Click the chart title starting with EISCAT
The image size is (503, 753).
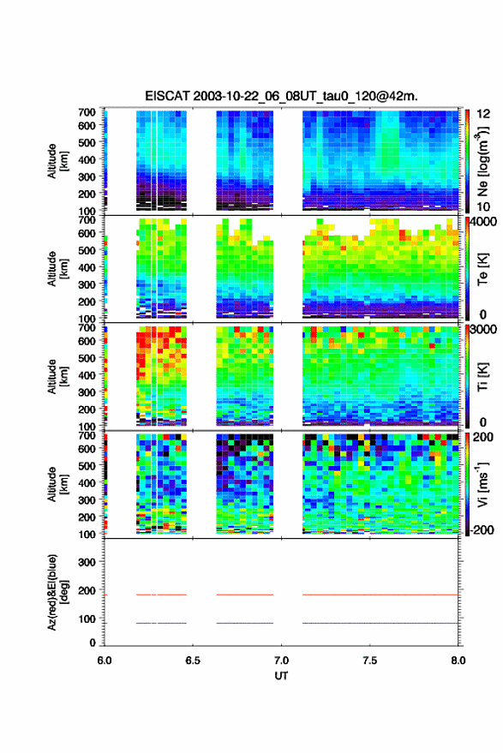[281, 96]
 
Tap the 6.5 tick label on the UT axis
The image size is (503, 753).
[193, 660]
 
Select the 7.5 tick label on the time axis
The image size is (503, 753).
[370, 660]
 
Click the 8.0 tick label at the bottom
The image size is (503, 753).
[458, 660]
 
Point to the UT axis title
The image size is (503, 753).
[282, 676]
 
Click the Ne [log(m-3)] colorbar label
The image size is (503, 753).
[482, 161]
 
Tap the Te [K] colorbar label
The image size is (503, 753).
[482, 269]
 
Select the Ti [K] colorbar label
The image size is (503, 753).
[482, 377]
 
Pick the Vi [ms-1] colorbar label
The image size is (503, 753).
[482, 485]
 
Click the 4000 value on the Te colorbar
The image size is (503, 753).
[484, 222]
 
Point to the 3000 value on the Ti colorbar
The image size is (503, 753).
[484, 330]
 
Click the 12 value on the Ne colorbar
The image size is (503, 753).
[483, 114]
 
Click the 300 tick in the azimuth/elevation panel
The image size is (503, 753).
[87, 562]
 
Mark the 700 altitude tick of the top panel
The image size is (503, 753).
[87, 112]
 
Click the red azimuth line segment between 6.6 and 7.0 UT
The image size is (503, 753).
[244, 595]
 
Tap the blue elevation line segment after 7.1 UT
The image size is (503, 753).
[380, 623]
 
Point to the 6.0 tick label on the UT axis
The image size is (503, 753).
[105, 660]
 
